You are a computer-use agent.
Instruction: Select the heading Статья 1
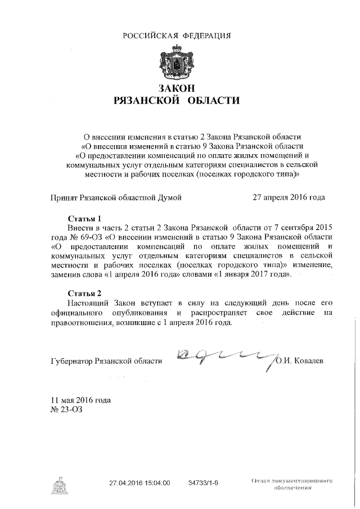pyautogui.click(x=84, y=218)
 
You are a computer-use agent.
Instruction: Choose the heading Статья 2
pyautogui.click(x=84, y=294)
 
